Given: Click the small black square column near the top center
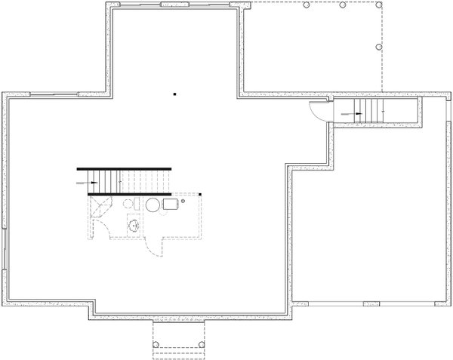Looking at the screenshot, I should (174, 94).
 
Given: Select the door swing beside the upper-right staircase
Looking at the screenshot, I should (320, 111).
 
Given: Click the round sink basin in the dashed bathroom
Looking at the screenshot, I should (133, 224).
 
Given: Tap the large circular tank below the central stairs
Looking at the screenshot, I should (153, 204).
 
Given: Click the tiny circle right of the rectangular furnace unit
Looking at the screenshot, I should (183, 202).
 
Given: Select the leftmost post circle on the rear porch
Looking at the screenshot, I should (307, 5).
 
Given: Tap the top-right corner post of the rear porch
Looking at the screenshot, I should (374, 5).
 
